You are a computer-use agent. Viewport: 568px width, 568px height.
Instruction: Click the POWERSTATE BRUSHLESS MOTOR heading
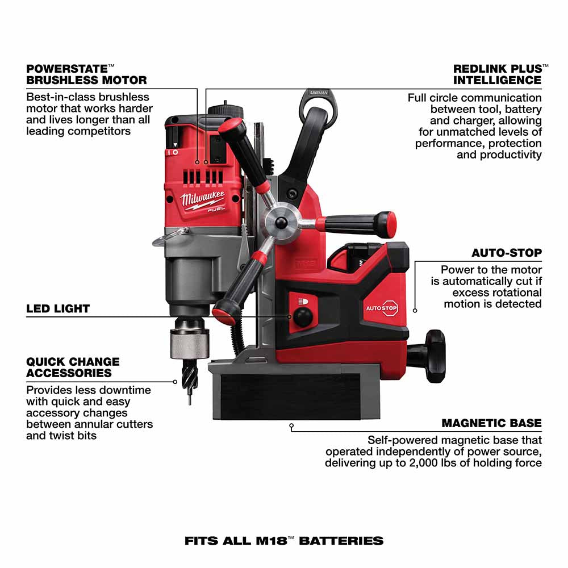click(x=86, y=74)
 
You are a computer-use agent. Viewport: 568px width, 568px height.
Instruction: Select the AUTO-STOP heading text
click(x=507, y=252)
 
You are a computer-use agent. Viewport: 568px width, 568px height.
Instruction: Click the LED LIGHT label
click(x=58, y=309)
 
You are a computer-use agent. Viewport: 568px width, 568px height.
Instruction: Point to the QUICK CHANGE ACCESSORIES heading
click(x=73, y=367)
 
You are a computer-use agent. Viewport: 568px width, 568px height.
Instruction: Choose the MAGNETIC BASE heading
click(x=491, y=423)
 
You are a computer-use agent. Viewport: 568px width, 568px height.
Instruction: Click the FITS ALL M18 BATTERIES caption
click(x=284, y=540)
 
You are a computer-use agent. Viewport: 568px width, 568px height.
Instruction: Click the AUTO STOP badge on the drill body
click(x=381, y=307)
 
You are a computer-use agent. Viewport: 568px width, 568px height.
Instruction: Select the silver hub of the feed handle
click(x=281, y=218)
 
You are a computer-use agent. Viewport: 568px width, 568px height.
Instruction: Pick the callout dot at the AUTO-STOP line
click(x=415, y=310)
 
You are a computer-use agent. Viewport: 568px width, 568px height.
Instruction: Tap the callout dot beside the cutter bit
click(x=176, y=382)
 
